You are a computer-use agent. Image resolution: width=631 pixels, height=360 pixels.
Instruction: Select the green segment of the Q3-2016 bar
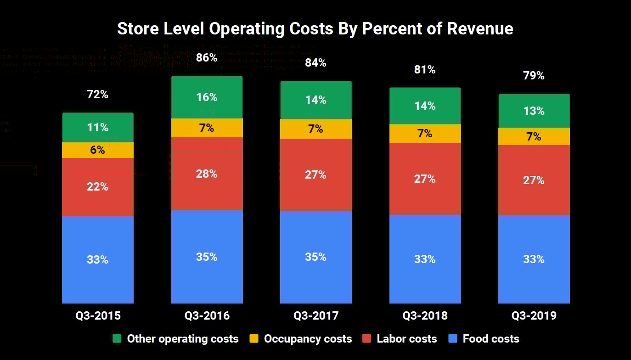(207, 97)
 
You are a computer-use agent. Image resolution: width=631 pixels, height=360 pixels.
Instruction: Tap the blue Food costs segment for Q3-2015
(98, 259)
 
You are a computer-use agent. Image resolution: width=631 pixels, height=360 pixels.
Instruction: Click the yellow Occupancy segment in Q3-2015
(98, 150)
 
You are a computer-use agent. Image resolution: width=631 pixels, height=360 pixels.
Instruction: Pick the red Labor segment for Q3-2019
(534, 180)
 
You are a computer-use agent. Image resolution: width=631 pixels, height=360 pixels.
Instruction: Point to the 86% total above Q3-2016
(207, 58)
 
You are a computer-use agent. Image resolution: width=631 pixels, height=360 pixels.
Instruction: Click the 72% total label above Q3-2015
(98, 95)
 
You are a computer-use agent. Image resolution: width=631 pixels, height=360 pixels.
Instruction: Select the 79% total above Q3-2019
(534, 76)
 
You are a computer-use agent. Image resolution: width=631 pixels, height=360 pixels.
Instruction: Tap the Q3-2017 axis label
(316, 316)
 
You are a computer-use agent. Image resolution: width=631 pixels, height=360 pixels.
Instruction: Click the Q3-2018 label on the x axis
(425, 316)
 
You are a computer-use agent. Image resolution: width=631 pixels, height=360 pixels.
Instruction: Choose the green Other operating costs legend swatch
(117, 339)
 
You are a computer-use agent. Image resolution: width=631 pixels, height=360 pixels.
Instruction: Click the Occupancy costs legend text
(308, 339)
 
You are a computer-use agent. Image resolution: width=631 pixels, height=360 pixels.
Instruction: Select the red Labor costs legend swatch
(367, 339)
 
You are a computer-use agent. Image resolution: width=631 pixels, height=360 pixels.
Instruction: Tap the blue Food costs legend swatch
(453, 339)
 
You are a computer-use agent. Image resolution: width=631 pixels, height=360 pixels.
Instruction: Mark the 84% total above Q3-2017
(316, 63)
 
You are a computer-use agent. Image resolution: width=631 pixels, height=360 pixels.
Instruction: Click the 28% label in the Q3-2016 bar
(207, 174)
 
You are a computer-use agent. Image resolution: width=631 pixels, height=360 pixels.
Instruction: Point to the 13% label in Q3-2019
(534, 111)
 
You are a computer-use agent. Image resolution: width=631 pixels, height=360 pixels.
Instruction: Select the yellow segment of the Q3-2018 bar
(425, 134)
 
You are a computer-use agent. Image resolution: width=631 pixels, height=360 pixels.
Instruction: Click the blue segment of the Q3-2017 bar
(316, 257)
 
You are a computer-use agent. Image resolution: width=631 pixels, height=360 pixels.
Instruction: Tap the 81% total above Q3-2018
(425, 70)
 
